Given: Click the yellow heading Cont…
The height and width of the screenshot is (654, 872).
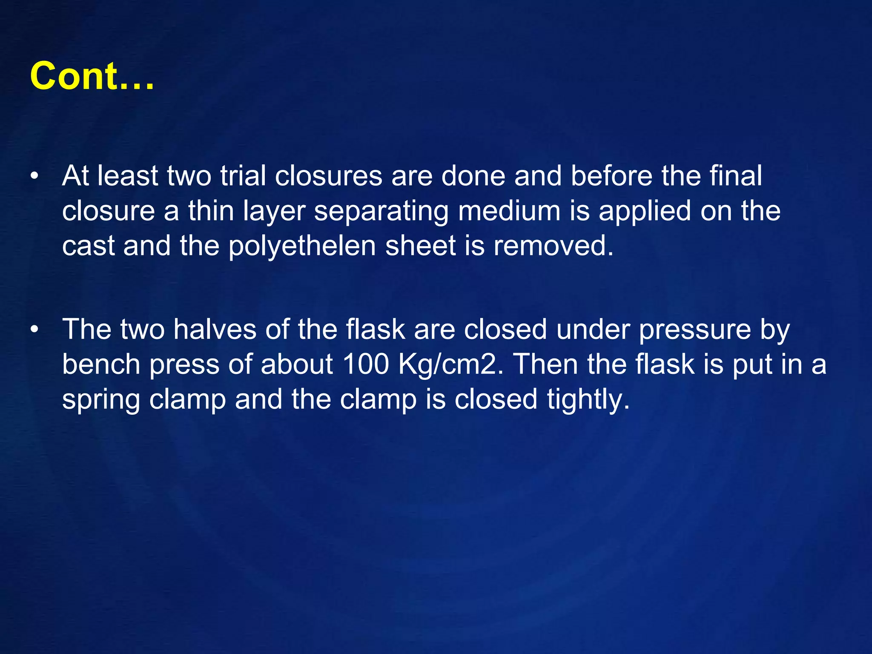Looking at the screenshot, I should (92, 76).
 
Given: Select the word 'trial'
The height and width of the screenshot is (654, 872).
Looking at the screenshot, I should (243, 175).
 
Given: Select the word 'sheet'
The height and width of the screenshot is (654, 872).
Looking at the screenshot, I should (420, 246).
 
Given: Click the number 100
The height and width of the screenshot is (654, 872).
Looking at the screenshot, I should (365, 364).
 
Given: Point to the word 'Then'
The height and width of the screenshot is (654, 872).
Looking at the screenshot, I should (545, 364).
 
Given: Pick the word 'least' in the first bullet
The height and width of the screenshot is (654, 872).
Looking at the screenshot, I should (127, 175).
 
